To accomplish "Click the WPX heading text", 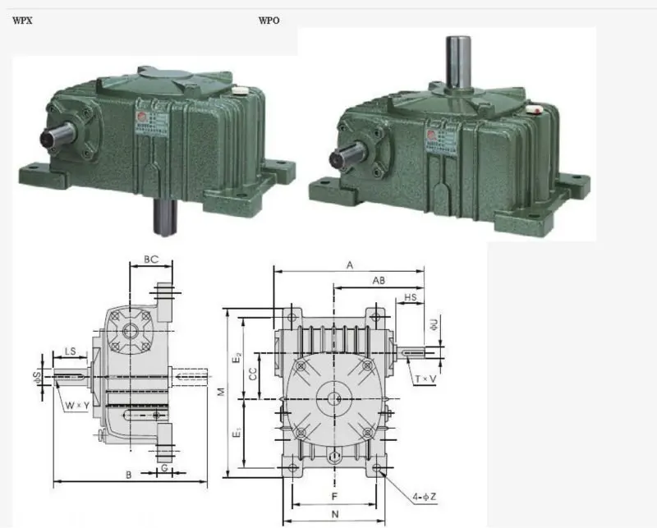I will [23, 20].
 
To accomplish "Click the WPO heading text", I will [269, 20].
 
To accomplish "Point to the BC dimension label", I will [151, 259].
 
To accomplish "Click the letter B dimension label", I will [129, 474].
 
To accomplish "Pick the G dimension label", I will [165, 468].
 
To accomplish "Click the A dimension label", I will [349, 265].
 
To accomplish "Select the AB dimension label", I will [379, 281].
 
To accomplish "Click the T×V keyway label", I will [426, 378].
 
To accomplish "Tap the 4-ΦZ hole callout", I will [425, 496].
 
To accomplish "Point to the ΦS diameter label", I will [37, 377].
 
